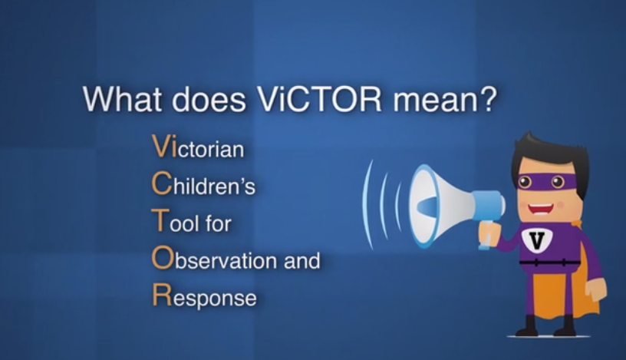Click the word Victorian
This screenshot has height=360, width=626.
[x=198, y=147]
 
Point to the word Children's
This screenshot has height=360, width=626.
[x=203, y=183]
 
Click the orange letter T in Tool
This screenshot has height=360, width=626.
[x=160, y=220]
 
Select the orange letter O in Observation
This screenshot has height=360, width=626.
[x=162, y=258]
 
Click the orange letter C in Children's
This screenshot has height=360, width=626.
[x=161, y=183]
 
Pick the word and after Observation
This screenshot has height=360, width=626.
[x=301, y=259]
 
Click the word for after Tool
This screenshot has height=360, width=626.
[x=218, y=222]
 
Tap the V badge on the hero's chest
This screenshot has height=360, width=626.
[x=537, y=240]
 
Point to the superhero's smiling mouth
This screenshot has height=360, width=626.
[x=541, y=209]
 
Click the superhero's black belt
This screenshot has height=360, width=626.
[x=550, y=263]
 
